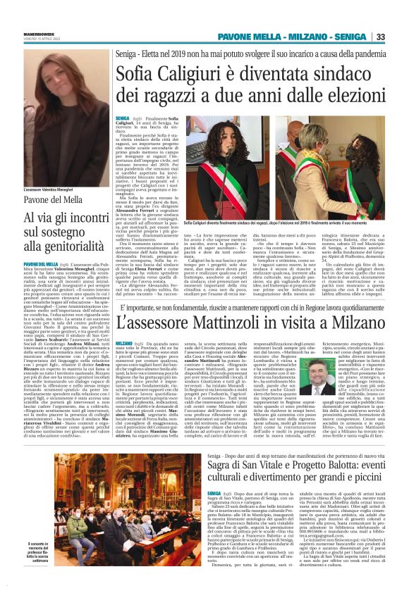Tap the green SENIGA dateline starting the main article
[x=122, y=120]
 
